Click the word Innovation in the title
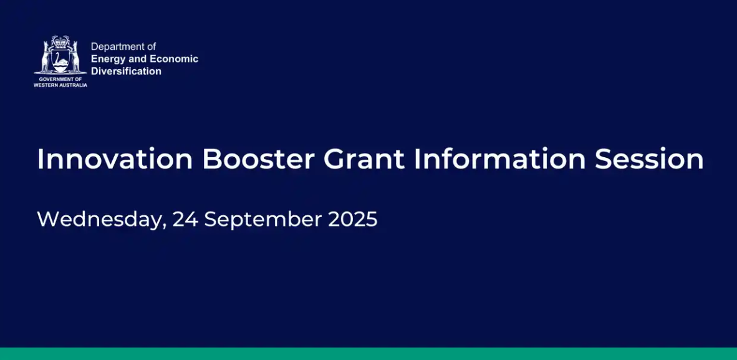pyautogui.click(x=115, y=159)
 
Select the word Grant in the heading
pyautogui.click(x=364, y=159)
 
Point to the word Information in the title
pyautogui.click(x=499, y=159)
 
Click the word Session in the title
pyautogui.click(x=649, y=159)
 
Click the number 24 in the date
pyautogui.click(x=185, y=219)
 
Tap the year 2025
pyautogui.click(x=352, y=219)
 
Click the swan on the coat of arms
pyautogui.click(x=60, y=61)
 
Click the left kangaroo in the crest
pyautogui.click(x=46, y=57)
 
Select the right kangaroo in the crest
pyautogui.click(x=74, y=57)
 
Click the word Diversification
pyautogui.click(x=126, y=72)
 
